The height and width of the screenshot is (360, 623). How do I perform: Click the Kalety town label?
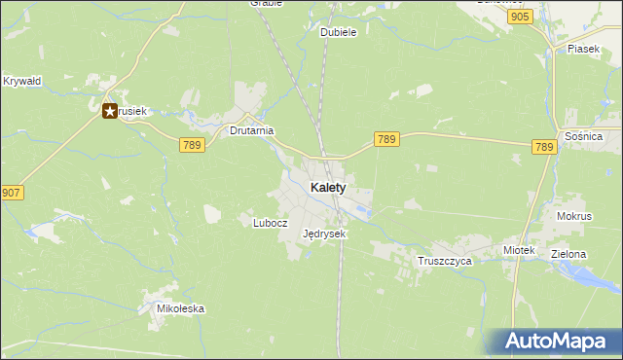click(328, 188)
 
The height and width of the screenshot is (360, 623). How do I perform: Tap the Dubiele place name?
click(339, 32)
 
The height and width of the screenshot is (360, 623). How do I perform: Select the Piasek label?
click(583, 49)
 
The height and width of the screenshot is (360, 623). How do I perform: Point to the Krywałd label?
click(21, 81)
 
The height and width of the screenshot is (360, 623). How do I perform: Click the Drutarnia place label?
click(251, 129)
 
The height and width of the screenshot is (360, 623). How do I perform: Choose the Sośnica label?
click(583, 137)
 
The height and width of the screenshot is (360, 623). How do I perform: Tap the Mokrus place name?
click(574, 216)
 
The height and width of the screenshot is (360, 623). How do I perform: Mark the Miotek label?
click(519, 250)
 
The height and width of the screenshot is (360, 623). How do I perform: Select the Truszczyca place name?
click(444, 262)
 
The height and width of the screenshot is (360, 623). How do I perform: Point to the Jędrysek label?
click(324, 234)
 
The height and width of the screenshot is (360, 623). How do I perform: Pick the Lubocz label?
click(270, 222)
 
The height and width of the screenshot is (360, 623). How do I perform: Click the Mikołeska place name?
click(180, 309)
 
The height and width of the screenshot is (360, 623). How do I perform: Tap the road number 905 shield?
click(520, 18)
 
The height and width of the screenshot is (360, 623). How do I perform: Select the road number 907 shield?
click(11, 193)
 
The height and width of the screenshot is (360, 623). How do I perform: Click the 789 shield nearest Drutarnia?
click(192, 144)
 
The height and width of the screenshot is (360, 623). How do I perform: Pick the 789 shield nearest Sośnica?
click(544, 147)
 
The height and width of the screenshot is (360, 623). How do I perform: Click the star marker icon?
click(110, 112)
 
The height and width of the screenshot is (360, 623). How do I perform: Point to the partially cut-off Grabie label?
click(266, 3)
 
